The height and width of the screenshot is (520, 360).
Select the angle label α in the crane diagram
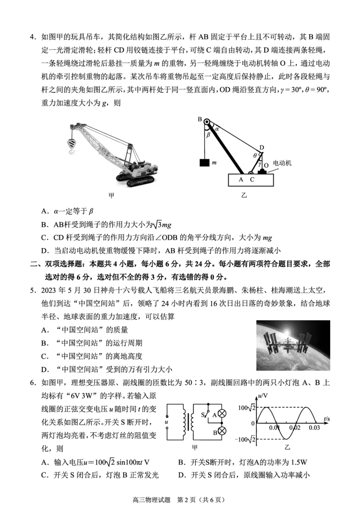216,129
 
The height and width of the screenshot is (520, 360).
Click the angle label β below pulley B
208,134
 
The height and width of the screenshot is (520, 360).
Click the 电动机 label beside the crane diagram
282,163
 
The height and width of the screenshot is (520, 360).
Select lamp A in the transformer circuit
221,414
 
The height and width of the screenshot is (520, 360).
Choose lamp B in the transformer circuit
221,431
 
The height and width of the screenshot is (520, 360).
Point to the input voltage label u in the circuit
166,422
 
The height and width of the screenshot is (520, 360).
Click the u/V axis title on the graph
263,396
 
